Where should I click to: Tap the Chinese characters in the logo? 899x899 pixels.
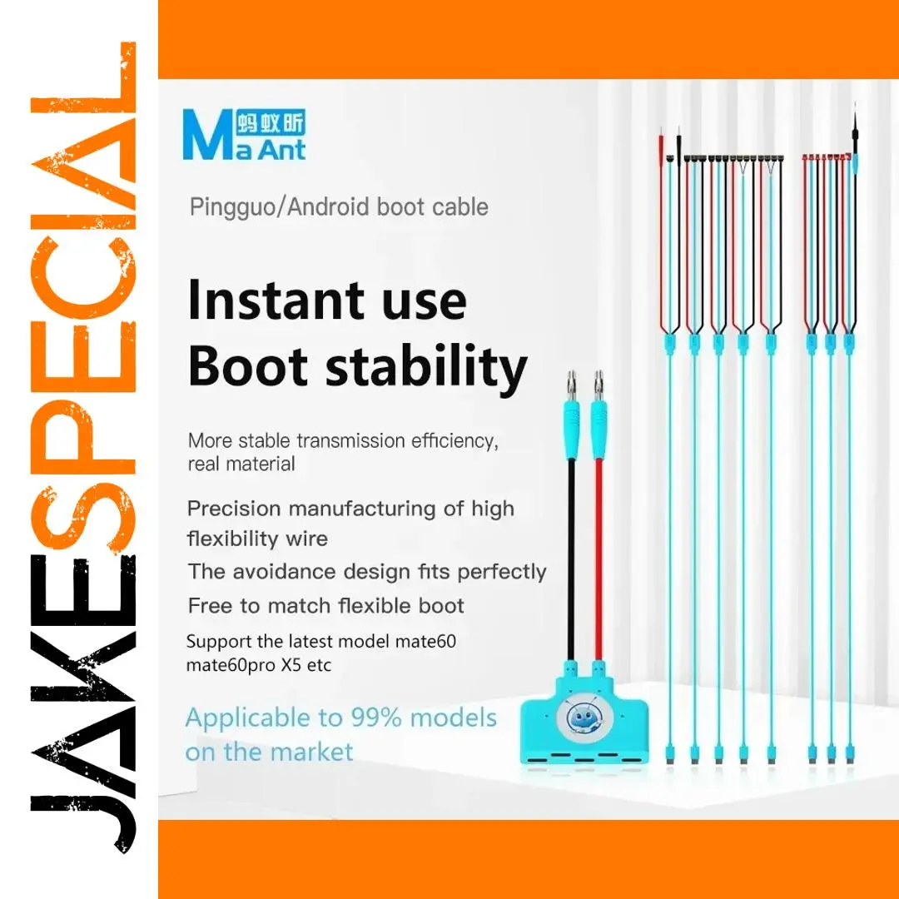click(x=271, y=122)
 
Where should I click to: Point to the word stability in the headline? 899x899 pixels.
click(x=426, y=368)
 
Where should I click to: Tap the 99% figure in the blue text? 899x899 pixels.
click(x=375, y=718)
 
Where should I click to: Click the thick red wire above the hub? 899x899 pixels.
click(x=599, y=560)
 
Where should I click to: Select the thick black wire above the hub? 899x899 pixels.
click(x=571, y=560)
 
